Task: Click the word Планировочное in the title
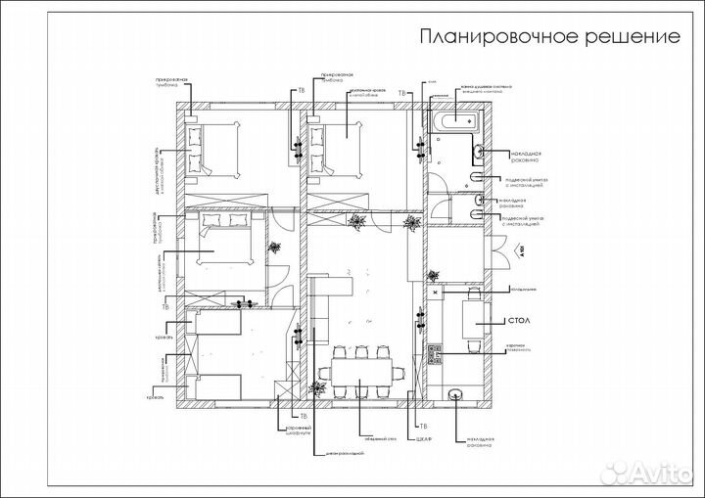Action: [x=481, y=38]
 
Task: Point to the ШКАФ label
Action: [x=423, y=439]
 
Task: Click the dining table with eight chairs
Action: [x=359, y=372]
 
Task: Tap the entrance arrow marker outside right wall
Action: [x=522, y=249]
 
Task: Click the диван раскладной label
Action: [x=344, y=453]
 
